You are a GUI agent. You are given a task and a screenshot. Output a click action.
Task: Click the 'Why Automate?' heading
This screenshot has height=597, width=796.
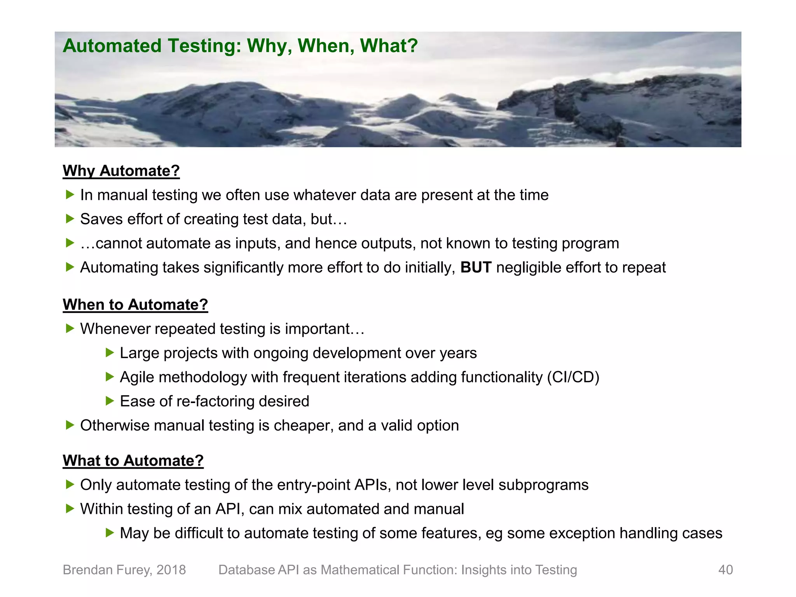[121, 171]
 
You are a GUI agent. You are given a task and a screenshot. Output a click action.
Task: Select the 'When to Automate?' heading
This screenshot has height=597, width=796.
[135, 305]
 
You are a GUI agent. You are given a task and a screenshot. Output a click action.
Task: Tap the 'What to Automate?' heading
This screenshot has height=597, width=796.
[133, 461]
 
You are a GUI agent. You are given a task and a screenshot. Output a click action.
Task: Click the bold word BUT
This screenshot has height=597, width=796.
[476, 267]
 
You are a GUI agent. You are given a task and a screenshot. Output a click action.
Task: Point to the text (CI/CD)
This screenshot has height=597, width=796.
[573, 377]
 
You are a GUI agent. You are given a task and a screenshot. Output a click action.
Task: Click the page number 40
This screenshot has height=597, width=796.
[725, 570]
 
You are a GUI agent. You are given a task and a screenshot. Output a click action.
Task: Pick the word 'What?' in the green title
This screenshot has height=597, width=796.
[389, 46]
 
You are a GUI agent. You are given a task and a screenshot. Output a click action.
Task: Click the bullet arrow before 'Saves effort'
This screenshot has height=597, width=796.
[70, 219]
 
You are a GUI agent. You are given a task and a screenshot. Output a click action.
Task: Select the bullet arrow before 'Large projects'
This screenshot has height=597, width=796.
[110, 353]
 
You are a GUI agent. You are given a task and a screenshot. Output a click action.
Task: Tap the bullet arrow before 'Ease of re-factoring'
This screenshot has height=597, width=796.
[110, 401]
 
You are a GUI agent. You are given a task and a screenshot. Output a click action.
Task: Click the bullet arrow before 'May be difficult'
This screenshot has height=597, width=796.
[110, 533]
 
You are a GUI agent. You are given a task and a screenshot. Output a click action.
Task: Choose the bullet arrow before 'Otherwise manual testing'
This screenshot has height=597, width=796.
[70, 425]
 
